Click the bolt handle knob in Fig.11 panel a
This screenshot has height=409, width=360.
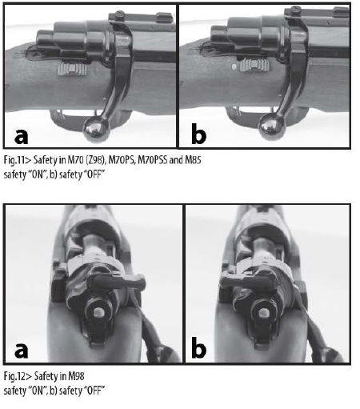[97, 130]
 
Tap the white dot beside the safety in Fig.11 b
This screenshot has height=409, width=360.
[234, 66]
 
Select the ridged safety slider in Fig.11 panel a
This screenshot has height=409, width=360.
[72, 69]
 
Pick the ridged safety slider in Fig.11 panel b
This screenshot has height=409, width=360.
[254, 66]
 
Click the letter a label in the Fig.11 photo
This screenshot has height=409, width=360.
[21, 136]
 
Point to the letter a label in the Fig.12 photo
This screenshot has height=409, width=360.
[21, 350]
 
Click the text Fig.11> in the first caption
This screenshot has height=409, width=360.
[18, 160]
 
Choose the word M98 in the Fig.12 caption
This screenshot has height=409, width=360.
[76, 376]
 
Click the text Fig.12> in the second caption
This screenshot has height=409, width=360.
[18, 376]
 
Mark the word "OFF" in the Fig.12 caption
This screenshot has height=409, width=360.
[94, 391]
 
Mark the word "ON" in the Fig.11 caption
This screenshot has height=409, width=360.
[36, 174]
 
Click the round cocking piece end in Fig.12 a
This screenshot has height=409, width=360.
[99, 311]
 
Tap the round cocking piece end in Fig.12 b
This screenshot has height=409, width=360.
[264, 312]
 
